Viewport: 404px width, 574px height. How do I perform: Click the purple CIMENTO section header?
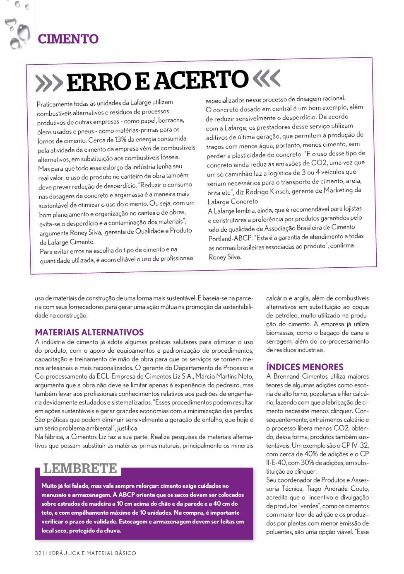[68, 39]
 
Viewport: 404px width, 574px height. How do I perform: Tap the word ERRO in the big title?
[99, 82]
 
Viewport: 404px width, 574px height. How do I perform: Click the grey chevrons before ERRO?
[49, 83]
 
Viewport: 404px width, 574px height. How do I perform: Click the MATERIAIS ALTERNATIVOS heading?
[89, 332]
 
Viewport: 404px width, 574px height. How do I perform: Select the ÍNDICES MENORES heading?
[305, 367]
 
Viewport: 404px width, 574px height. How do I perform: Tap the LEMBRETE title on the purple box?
[80, 468]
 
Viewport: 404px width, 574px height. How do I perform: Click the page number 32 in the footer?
[38, 553]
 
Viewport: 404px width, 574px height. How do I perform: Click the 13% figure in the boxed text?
[120, 139]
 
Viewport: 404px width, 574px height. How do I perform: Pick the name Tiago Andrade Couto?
[338, 489]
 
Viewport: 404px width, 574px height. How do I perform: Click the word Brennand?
[286, 376]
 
